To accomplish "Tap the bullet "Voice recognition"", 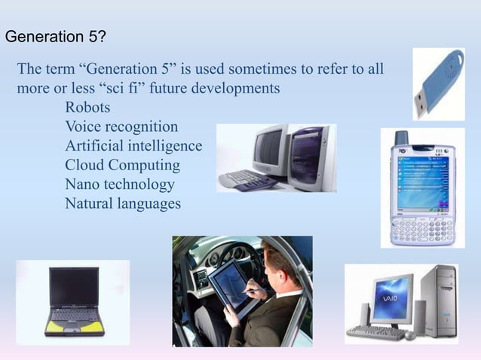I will click(x=121, y=127).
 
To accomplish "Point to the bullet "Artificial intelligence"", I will click(x=133, y=145).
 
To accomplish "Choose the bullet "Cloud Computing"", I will click(x=122, y=165).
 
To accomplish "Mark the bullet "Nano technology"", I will click(x=119, y=185).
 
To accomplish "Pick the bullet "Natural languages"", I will click(x=122, y=203).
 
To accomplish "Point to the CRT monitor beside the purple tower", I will click(x=267, y=151).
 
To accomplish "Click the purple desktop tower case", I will click(x=308, y=155).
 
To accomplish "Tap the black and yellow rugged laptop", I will click(x=72, y=300).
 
